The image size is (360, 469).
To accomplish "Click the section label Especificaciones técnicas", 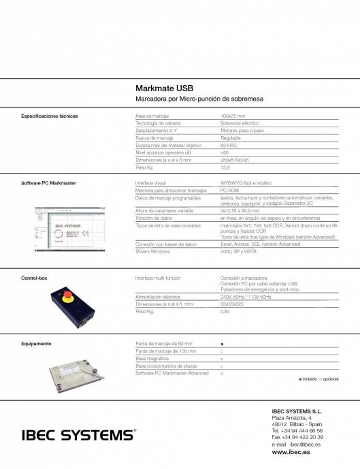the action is click(50, 116).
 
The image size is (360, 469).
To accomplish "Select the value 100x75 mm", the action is click(233, 116).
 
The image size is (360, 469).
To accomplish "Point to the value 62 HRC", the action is click(228, 145).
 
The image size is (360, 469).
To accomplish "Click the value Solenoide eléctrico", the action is click(240, 123).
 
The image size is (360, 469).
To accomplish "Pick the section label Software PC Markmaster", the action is click(48, 184).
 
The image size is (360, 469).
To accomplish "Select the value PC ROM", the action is click(229, 191).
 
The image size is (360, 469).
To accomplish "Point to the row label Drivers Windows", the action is click(152, 251).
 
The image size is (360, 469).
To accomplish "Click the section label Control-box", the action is click(34, 278).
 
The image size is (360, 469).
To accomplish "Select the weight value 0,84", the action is click(225, 311).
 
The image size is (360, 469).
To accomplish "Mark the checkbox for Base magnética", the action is click(222, 359).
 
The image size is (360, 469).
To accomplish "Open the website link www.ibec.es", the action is click(287, 452).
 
